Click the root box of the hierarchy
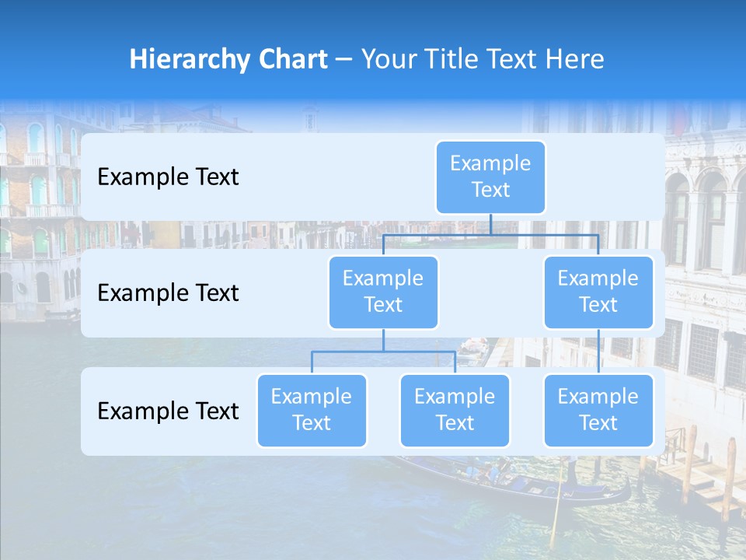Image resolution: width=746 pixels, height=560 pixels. point(490,177)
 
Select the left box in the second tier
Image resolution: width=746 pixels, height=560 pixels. point(383,292)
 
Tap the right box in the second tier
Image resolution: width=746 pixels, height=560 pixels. point(598,292)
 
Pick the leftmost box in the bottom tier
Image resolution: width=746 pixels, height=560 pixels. point(312,410)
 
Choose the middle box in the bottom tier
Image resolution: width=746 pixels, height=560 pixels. point(455,410)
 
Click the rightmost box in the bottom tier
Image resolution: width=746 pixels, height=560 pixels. point(598,410)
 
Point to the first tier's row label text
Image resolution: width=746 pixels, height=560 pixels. point(168,177)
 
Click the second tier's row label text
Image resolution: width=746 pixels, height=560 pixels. point(168,293)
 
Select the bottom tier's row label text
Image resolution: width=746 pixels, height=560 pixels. point(168,411)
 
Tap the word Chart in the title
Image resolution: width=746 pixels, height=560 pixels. point(296,59)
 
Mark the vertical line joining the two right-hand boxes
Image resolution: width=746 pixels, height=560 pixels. point(598,352)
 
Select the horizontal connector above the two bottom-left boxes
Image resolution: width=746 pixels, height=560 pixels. point(350,352)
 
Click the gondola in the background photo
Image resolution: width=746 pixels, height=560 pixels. point(528,486)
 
